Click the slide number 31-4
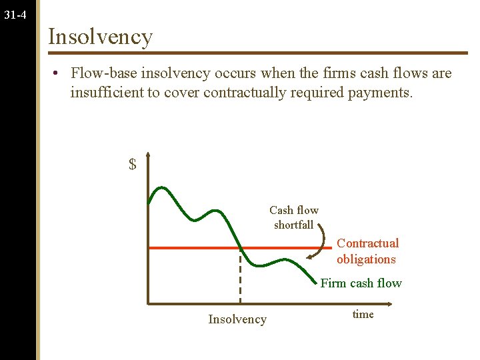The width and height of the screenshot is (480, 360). (x=15, y=13)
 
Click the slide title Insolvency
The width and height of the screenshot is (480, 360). (x=100, y=36)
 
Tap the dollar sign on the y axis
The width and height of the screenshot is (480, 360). (x=133, y=164)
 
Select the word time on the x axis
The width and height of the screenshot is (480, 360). (x=363, y=314)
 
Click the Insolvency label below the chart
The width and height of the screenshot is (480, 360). (x=237, y=319)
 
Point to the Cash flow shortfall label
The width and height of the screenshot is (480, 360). (x=294, y=217)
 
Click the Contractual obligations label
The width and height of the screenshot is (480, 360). (x=367, y=251)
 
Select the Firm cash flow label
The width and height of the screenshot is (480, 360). (x=361, y=283)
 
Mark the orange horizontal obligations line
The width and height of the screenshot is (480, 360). (x=193, y=248)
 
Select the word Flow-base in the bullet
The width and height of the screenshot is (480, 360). (x=101, y=73)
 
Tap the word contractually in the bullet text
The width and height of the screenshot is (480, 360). (x=244, y=93)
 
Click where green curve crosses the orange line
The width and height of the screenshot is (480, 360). (x=239, y=248)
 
